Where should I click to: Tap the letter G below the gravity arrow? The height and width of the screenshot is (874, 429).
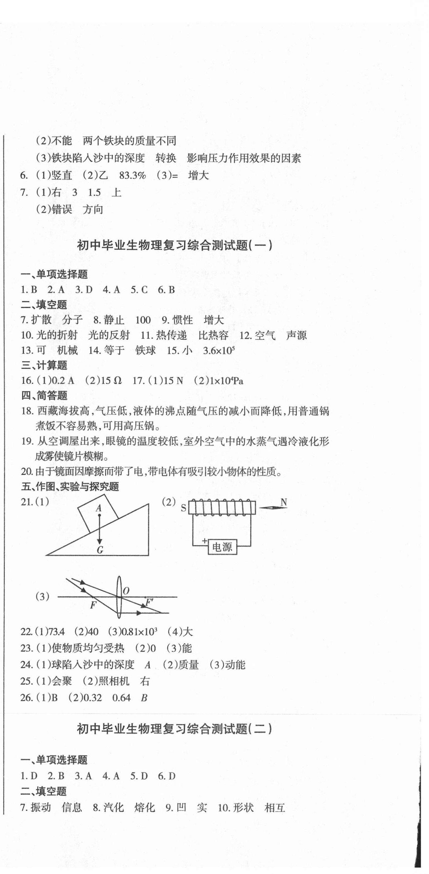[100, 550]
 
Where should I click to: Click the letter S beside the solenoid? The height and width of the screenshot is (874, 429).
[184, 508]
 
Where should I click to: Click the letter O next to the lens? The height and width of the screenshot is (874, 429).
[126, 591]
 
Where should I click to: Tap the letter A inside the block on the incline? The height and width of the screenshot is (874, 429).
[99, 508]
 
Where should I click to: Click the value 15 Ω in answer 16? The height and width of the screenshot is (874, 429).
[111, 380]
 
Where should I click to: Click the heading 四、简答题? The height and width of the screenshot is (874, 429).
[44, 395]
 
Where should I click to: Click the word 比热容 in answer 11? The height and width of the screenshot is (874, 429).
[213, 335]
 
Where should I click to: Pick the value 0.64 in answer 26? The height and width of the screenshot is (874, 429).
[121, 698]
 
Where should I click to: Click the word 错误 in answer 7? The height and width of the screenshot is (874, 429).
[62, 209]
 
